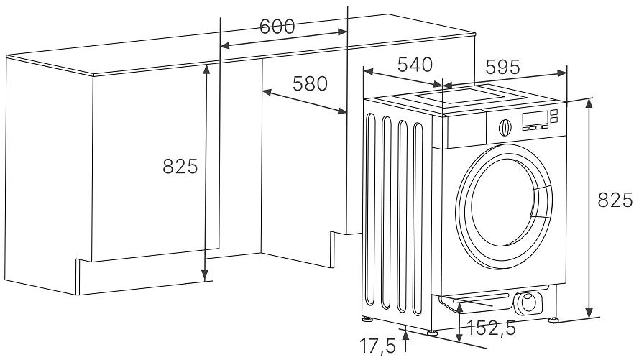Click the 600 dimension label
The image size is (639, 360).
pyautogui.click(x=277, y=27)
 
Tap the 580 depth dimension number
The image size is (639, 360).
pyautogui.click(x=310, y=83)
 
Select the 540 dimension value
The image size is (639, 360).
pyautogui.click(x=415, y=65)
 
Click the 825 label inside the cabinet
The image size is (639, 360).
pyautogui.click(x=180, y=167)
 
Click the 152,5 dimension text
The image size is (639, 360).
pyautogui.click(x=492, y=328)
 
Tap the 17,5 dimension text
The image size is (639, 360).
pyautogui.click(x=378, y=347)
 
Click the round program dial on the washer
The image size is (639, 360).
pyautogui.click(x=505, y=126)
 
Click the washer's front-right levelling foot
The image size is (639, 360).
pyautogui.click(x=555, y=319)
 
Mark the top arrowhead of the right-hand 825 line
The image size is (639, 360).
pyautogui.click(x=590, y=102)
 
